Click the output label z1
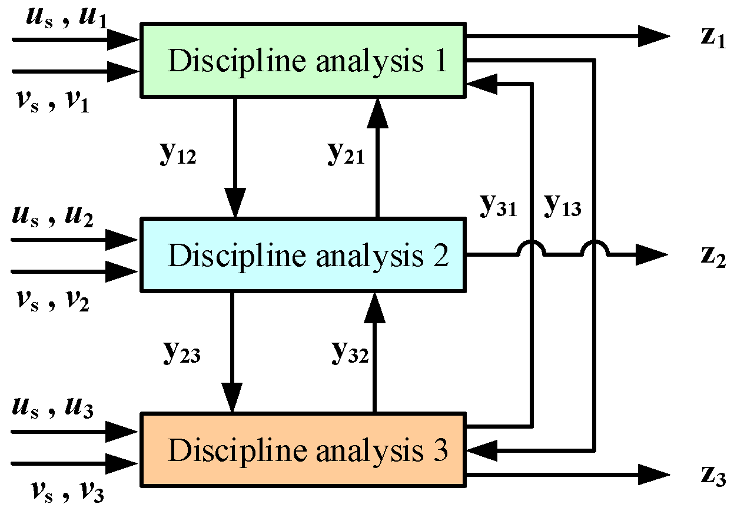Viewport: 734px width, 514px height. [x=711, y=38]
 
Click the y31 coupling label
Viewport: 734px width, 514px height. [x=499, y=206]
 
